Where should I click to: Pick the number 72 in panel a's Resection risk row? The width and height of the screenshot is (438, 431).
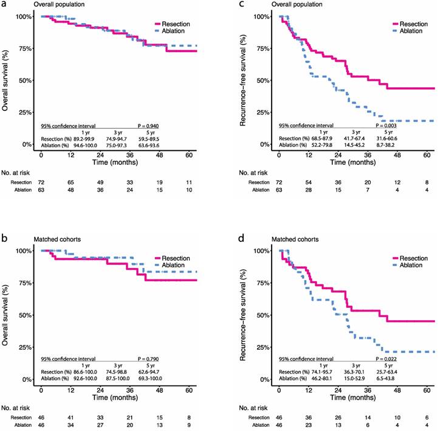(41, 181)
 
